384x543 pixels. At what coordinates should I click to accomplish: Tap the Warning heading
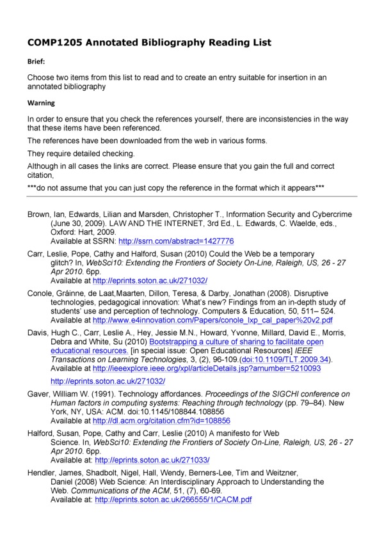pos(41,102)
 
